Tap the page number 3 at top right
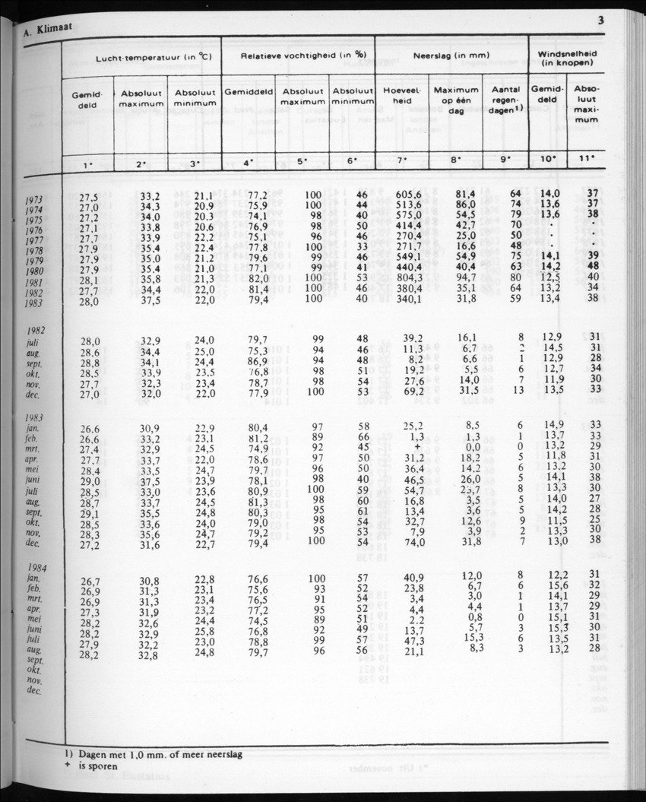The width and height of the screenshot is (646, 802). [600, 21]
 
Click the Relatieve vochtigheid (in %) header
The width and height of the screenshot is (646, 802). [299, 55]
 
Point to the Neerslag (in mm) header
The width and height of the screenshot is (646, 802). [451, 55]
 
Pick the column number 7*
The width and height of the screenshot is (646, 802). [402, 160]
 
